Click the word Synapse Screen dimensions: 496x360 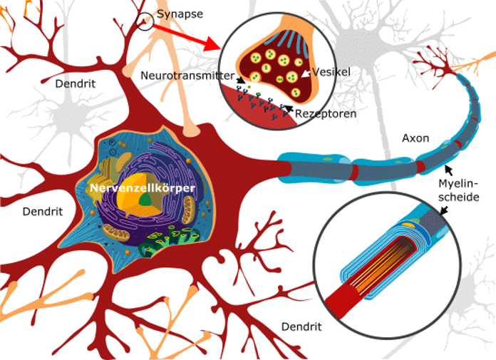(x=180, y=14)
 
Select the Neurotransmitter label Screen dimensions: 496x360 (x=187, y=76)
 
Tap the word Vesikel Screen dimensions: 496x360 (x=331, y=72)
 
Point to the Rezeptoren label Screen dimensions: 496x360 (x=326, y=113)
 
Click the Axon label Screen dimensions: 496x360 (x=415, y=138)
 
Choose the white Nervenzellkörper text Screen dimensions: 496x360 (x=143, y=188)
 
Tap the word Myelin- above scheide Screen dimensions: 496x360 (x=458, y=183)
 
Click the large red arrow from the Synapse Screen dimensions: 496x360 (x=187, y=38)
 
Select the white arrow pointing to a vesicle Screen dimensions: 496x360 (x=306, y=73)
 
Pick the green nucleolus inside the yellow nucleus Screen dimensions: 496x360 (x=146, y=200)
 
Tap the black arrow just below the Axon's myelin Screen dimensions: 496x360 (x=448, y=170)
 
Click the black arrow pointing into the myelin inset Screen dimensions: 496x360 (x=444, y=210)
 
